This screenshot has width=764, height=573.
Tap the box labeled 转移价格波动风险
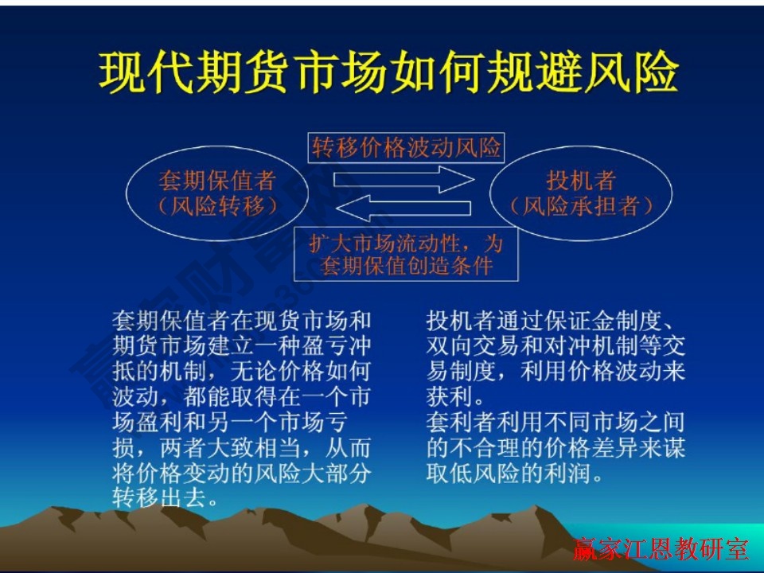click(407, 148)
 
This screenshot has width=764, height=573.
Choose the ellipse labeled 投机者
click(581, 193)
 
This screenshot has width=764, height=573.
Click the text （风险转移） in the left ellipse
click(217, 206)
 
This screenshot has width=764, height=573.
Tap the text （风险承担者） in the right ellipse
click(581, 206)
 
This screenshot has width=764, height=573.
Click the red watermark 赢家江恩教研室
click(661, 550)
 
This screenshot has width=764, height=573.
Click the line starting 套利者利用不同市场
click(555, 422)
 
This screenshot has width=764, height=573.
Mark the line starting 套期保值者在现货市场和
click(242, 322)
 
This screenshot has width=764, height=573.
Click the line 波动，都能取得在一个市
click(242, 396)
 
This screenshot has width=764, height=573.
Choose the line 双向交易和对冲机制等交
click(555, 346)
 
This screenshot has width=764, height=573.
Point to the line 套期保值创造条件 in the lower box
click(407, 265)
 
